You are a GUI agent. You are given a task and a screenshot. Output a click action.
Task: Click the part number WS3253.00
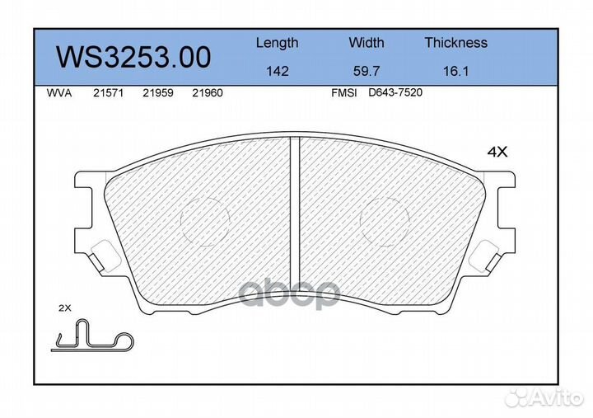(x=133, y=58)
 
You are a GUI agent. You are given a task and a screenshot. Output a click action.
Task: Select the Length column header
(x=277, y=43)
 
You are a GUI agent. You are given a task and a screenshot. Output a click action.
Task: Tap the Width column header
(x=367, y=43)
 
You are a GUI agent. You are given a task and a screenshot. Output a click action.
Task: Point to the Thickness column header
(x=455, y=43)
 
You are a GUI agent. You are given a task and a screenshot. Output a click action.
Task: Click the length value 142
(x=278, y=72)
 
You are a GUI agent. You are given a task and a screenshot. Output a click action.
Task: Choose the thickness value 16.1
(x=455, y=72)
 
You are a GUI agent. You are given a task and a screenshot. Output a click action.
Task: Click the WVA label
(x=58, y=93)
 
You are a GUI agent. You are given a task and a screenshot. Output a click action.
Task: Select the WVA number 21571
(x=108, y=93)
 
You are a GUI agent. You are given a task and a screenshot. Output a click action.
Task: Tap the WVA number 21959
(x=157, y=93)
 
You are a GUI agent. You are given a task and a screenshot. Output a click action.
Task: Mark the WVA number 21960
(x=207, y=93)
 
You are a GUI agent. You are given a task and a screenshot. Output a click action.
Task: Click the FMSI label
(x=343, y=93)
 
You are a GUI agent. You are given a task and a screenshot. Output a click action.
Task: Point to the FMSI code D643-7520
(x=395, y=93)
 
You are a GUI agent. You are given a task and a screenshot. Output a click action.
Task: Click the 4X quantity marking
(x=497, y=152)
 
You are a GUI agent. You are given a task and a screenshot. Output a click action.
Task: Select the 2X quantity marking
(x=66, y=308)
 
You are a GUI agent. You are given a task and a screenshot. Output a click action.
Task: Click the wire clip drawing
(x=91, y=336)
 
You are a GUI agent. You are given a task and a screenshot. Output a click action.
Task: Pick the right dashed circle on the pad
(x=385, y=221)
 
